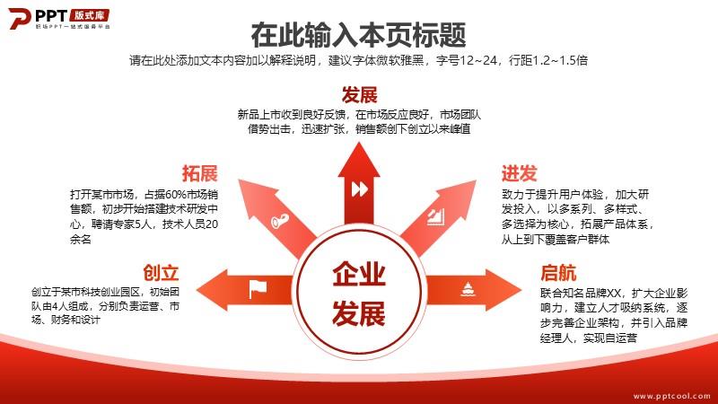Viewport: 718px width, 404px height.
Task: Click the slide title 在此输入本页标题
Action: tap(358, 35)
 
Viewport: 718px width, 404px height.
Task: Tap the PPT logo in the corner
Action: tap(58, 19)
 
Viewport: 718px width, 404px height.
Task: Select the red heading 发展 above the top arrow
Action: tap(359, 95)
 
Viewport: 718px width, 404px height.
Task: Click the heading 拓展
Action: tap(199, 173)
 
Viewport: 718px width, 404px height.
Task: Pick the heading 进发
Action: tap(519, 173)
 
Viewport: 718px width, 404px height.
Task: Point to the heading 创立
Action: tap(161, 273)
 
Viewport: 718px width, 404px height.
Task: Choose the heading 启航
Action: tap(558, 273)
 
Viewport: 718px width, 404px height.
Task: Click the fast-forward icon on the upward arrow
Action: tap(360, 189)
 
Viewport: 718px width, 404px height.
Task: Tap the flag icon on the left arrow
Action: tap(258, 288)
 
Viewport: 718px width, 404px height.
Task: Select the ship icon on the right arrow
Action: tap(468, 289)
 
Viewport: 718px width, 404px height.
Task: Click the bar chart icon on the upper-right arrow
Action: tap(436, 217)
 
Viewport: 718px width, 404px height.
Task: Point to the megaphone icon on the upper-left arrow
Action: tap(279, 220)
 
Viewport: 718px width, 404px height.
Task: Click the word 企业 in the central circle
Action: tap(359, 274)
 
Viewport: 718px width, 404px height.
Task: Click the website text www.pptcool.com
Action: tap(671, 396)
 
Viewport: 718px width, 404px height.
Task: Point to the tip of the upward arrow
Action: tap(359, 143)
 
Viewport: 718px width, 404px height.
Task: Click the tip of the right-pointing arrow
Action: tap(521, 289)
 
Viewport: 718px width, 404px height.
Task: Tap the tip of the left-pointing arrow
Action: tap(197, 289)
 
